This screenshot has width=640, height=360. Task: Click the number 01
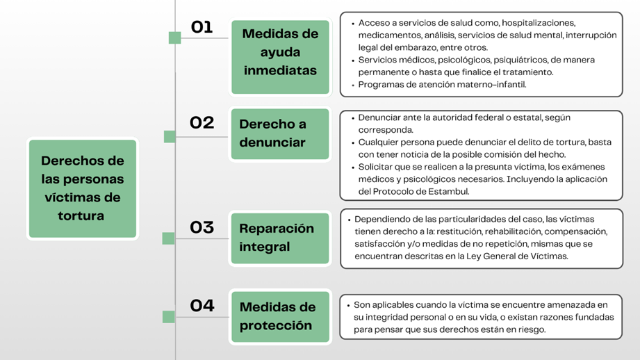coord(202,27)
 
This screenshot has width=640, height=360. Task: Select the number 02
coord(202,122)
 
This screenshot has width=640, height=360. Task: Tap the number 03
coord(202,227)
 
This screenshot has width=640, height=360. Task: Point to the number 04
coord(202,305)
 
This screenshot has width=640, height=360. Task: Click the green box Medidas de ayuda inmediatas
coord(280,57)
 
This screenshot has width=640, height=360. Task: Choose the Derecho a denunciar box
coord(280,134)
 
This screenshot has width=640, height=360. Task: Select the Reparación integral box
coord(280,238)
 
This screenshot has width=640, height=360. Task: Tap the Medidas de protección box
coord(280,317)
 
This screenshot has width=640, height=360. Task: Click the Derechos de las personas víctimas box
coord(83,188)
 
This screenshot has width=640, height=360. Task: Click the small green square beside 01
coord(174,38)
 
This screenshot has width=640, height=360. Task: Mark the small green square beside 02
coord(170,137)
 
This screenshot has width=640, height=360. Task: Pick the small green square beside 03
coord(168,238)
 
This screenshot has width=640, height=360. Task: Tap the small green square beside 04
coord(169,317)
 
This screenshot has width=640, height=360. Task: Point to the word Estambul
coord(448,191)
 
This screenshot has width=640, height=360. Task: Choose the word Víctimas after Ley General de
coord(548,256)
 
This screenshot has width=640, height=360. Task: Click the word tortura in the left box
coord(81,215)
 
